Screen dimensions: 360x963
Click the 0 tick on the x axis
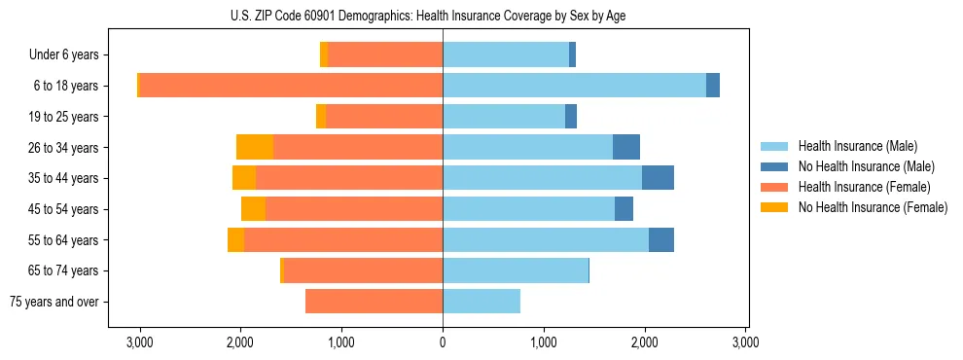point(443,343)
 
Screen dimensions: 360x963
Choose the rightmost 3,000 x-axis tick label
point(745,343)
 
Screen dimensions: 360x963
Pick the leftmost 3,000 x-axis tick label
point(139,343)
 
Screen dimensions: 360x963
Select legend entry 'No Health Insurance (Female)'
point(872,207)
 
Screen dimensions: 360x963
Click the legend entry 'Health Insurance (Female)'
point(864,187)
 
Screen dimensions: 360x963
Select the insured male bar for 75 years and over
point(481,302)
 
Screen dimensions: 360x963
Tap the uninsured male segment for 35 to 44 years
point(658,178)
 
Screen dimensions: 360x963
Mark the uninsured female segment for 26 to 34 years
point(255,148)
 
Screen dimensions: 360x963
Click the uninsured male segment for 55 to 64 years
point(661,240)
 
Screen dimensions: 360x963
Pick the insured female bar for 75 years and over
point(374,302)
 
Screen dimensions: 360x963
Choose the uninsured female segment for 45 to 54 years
point(253,209)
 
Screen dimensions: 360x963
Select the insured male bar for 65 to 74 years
point(516,270)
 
